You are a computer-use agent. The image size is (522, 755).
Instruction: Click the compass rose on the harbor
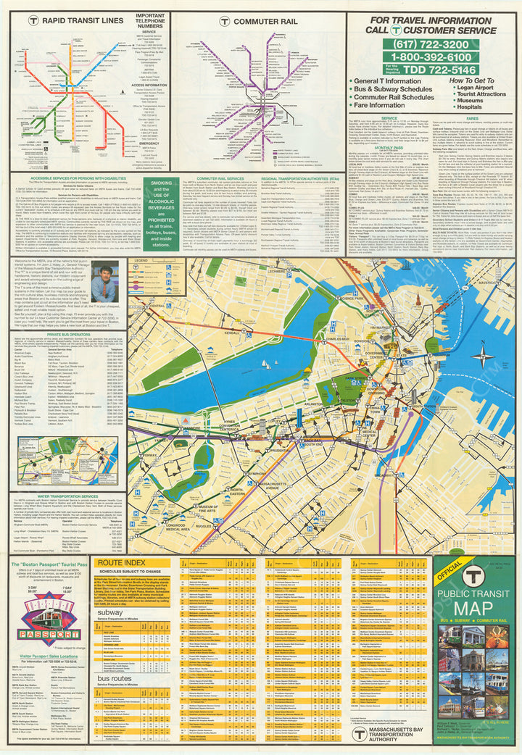pos(482,354)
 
